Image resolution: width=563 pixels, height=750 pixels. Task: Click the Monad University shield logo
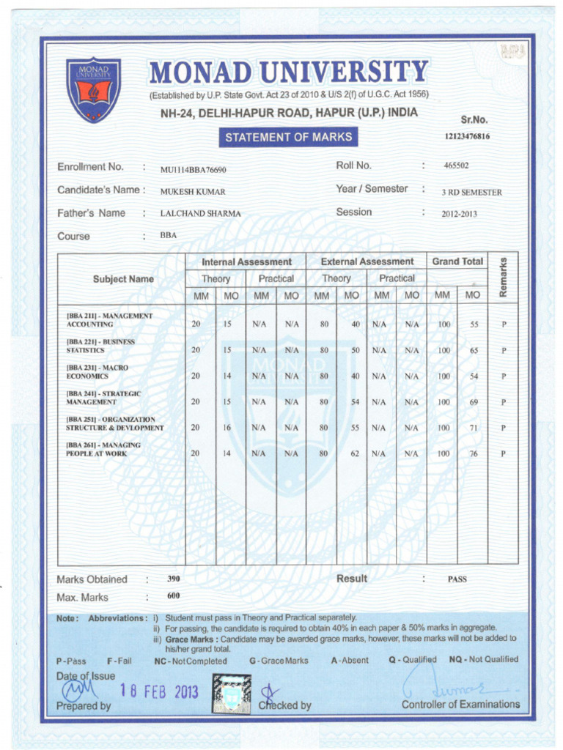[93, 89]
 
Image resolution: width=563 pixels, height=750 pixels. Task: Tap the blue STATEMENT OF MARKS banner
[288, 137]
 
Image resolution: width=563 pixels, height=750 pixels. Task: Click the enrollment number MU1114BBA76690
[194, 170]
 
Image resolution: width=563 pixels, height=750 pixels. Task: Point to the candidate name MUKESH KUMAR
[193, 192]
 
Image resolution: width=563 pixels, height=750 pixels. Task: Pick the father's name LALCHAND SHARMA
[200, 214]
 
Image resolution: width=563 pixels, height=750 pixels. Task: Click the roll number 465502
[456, 166]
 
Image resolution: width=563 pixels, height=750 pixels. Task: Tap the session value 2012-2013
[459, 215]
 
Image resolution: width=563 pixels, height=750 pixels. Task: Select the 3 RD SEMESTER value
[471, 193]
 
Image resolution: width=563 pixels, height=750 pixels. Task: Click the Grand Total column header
[457, 261]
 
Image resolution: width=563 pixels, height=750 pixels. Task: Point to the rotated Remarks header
[502, 278]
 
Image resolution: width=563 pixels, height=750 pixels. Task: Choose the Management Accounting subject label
[109, 319]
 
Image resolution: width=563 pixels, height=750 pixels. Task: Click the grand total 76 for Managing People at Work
[474, 454]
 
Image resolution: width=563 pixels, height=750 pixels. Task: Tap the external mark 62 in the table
[355, 453]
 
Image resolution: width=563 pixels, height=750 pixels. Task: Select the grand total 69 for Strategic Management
[474, 402]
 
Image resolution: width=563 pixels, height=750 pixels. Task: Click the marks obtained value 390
[174, 579]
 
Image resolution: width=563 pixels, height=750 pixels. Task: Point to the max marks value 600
[174, 596]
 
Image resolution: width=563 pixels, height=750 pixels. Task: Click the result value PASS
[457, 579]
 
